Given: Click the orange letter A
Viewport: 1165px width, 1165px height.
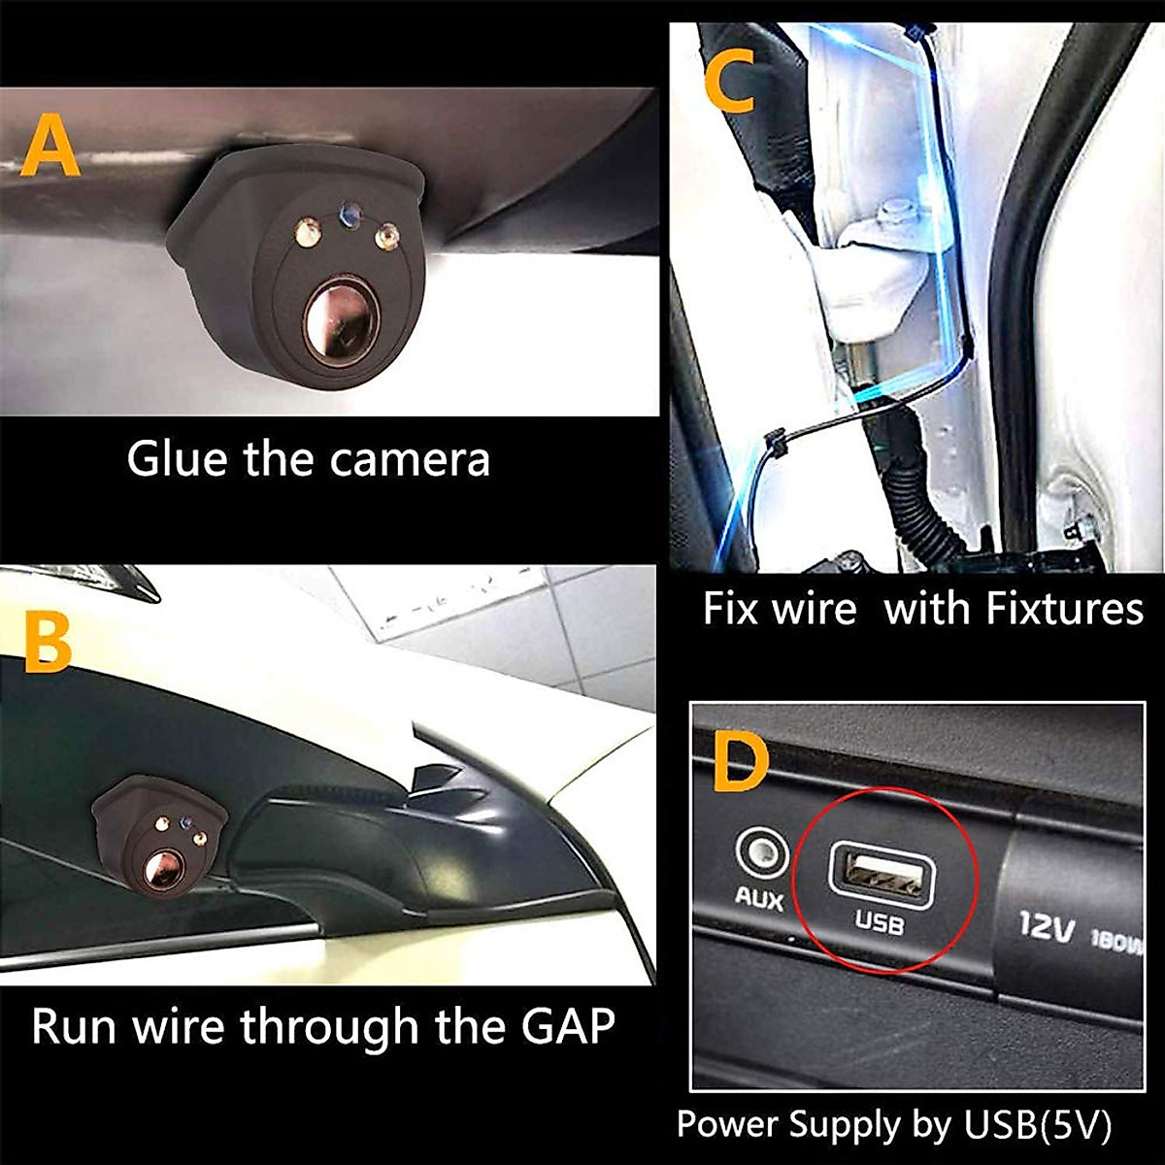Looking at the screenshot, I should point(50,147).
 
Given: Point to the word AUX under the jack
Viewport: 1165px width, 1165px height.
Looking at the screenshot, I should point(758,898).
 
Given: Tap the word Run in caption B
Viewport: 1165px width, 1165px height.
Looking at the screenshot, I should point(74,1026).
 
